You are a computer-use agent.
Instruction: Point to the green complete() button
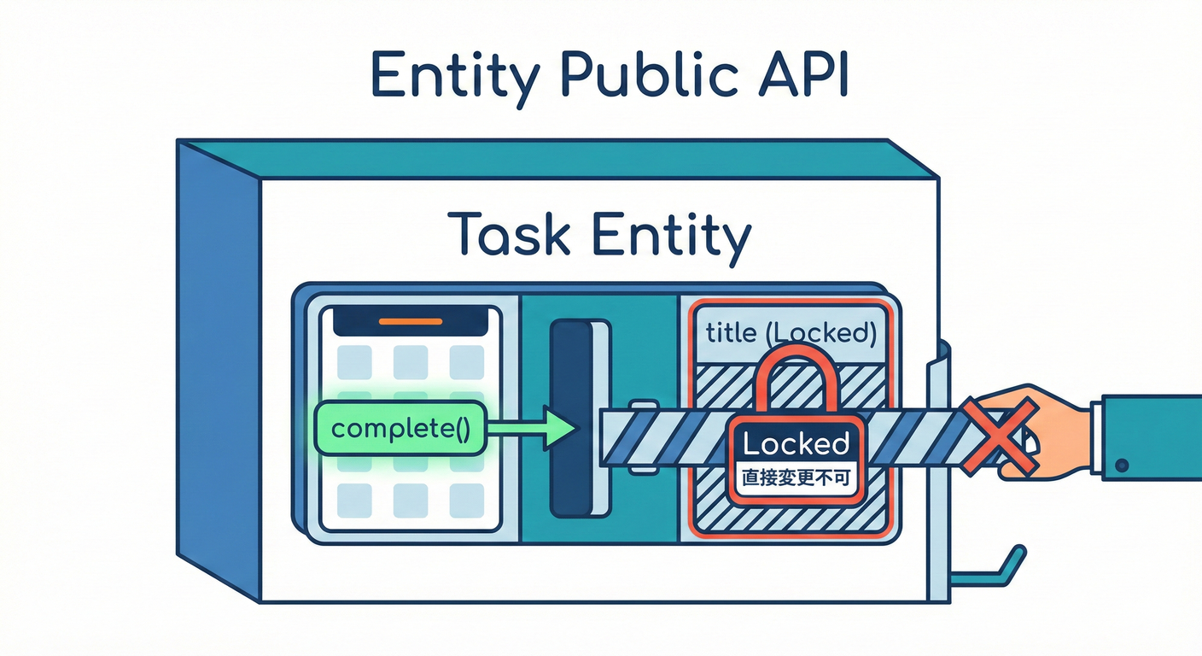(x=400, y=428)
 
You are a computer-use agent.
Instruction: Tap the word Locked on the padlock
(x=796, y=444)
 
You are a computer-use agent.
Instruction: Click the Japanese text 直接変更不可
(x=796, y=479)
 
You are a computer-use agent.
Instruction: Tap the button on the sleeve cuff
(x=1122, y=466)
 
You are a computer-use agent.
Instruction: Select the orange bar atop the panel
(x=410, y=322)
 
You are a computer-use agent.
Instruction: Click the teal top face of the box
(x=555, y=159)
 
